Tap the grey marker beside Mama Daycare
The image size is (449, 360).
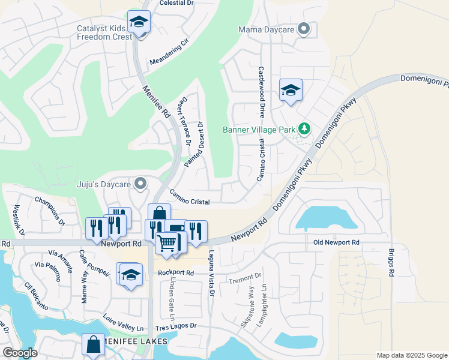[305, 29]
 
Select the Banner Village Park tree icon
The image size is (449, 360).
[305, 128]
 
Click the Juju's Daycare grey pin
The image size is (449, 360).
[140, 183]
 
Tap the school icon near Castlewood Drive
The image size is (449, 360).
[291, 91]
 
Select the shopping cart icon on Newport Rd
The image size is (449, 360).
[167, 243]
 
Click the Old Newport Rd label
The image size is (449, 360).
[336, 242]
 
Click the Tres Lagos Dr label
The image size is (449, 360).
[175, 326]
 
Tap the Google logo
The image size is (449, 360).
[20, 353]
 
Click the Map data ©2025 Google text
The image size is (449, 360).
[411, 355]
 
